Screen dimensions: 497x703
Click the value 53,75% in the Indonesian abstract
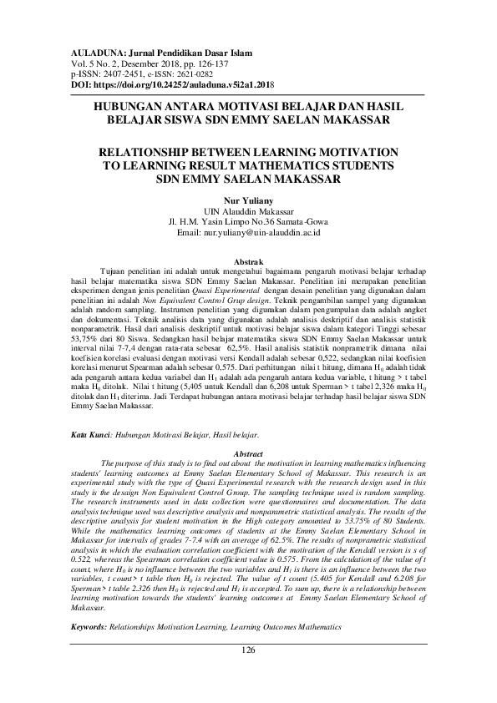click(89, 341)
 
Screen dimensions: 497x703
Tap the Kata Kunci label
click(90, 435)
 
